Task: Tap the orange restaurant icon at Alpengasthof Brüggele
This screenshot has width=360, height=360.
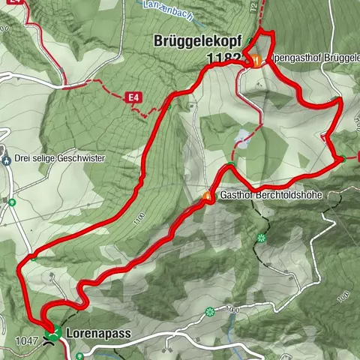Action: tap(256, 61)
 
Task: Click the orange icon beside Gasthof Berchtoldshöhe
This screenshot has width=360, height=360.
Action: tap(209, 196)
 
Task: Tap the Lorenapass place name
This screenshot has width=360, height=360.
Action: tap(92, 330)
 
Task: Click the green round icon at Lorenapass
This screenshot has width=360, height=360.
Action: tap(54, 328)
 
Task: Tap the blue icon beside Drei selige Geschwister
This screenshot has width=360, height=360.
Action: tap(6, 159)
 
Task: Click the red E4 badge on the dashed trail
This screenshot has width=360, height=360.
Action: tap(133, 97)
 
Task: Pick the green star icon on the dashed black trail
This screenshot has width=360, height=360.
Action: tap(261, 238)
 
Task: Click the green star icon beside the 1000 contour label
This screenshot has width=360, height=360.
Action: tap(210, 311)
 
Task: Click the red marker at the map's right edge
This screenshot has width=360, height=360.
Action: tap(358, 157)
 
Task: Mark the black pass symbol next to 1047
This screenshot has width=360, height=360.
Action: tap(50, 339)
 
